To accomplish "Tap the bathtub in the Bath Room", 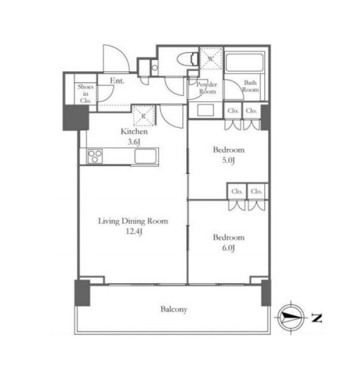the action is point(244,62).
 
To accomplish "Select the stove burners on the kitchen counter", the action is point(95,156).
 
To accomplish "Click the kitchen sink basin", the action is point(146,156).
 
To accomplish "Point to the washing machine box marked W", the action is point(211,59).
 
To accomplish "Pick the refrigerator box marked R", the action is point(144,115).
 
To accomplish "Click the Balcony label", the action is point(174,309).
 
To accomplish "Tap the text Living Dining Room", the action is point(133,221).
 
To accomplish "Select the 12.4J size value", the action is point(134,232).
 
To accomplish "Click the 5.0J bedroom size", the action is point(228,160).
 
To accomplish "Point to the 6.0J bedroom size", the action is point(228,248).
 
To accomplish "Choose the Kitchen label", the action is point(134,131).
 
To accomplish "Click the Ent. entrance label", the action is point(117,81).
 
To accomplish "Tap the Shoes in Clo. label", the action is point(85,94).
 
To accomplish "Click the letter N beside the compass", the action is point(316,318).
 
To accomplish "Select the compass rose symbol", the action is point(291,317).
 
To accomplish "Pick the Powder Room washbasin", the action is point(205,110).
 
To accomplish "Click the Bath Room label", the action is point(251,86).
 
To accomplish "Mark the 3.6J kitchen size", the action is point(134,142).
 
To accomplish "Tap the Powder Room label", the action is point(207,88).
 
